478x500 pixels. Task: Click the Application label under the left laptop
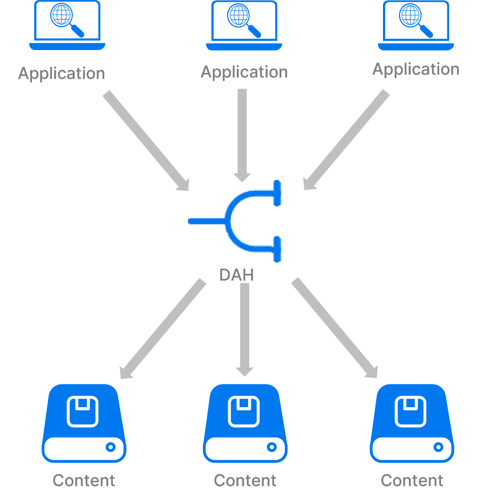(62, 74)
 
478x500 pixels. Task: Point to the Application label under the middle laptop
(244, 72)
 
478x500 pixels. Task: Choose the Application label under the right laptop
(416, 69)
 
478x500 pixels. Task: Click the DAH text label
(237, 275)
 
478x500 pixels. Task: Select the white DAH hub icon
(235, 221)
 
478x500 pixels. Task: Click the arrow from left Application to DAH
(146, 140)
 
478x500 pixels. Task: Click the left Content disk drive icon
(84, 423)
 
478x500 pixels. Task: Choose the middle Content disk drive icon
(245, 423)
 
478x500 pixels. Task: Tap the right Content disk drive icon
(412, 423)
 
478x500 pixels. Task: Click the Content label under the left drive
(84, 481)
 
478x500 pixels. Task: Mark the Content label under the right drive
(412, 481)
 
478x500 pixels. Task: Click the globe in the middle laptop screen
(238, 15)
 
